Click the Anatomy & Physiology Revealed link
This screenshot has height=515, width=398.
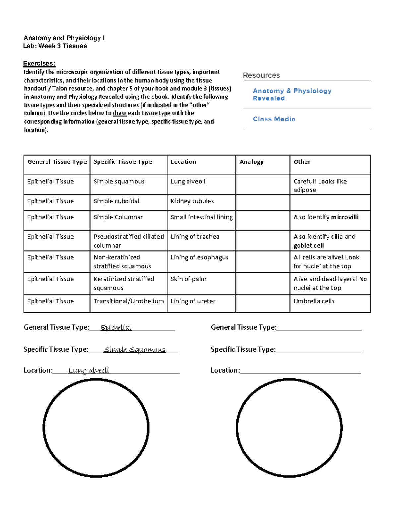[x=292, y=94]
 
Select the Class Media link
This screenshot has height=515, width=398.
[x=274, y=119]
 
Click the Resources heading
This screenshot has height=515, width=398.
[x=261, y=75]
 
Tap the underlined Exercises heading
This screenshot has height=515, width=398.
[x=39, y=63]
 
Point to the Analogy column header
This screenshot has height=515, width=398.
[x=251, y=162]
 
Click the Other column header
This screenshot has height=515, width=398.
[x=302, y=162]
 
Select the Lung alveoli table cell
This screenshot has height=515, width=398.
[x=188, y=181]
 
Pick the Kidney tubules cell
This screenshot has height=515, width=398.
[x=192, y=201]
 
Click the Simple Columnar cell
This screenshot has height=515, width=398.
[x=118, y=217]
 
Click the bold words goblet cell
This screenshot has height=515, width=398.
[x=308, y=245]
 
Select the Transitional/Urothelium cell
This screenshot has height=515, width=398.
[x=128, y=301]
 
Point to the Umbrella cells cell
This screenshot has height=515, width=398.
[x=314, y=301]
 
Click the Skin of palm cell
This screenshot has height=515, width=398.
[x=188, y=279]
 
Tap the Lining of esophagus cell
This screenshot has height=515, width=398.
[x=199, y=257]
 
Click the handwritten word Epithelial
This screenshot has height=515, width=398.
[x=116, y=327]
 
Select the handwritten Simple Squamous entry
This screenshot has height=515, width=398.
[x=134, y=350]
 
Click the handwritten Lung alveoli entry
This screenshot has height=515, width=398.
[x=89, y=370]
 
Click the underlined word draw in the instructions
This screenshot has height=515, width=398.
[x=120, y=113]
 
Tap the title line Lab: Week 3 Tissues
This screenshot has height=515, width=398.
[x=55, y=46]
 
